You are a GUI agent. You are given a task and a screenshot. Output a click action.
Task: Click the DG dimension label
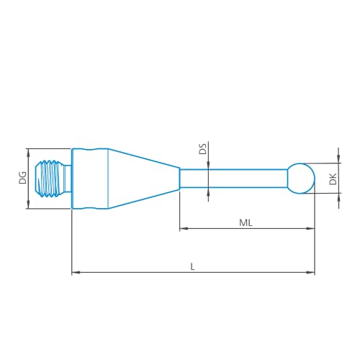(22, 178)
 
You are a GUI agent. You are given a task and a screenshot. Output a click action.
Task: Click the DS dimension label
(202, 150)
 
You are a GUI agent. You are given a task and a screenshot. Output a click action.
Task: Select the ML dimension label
(246, 223)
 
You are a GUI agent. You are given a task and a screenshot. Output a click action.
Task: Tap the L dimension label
(192, 266)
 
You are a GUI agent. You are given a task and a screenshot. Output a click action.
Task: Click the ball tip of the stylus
(302, 177)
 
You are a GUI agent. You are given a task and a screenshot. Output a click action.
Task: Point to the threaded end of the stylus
(55, 178)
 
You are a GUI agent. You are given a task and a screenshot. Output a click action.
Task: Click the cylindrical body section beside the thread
(90, 178)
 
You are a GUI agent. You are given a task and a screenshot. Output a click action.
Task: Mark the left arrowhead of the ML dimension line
(183, 229)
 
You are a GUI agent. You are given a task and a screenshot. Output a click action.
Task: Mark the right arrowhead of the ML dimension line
(312, 229)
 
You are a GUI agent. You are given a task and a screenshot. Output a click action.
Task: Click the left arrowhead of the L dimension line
(76, 272)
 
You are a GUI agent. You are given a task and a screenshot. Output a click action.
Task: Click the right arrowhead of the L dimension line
(312, 272)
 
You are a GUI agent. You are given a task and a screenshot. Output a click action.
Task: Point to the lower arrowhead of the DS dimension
(207, 191)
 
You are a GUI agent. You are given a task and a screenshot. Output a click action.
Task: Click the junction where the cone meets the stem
(180, 178)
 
